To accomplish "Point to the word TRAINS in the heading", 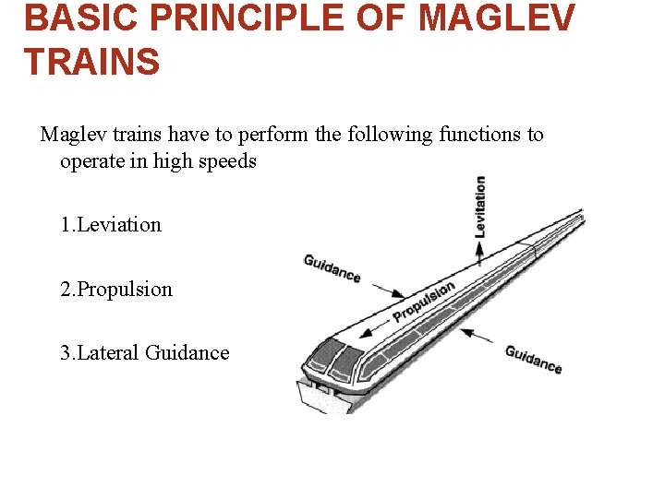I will (91, 62).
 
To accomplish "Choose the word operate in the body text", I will (92, 162).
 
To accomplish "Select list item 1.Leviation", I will (111, 225).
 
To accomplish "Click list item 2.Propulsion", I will (116, 290).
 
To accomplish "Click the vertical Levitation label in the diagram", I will (479, 206).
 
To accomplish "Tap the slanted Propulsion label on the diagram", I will (424, 302).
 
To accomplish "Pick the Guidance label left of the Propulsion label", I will (332, 268).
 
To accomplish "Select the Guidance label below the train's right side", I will (533, 360).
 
